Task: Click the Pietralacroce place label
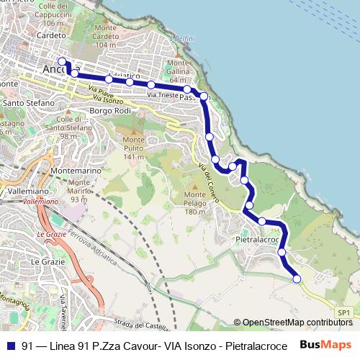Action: click(257, 238)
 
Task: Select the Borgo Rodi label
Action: click(109, 111)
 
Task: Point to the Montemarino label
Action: click(80, 171)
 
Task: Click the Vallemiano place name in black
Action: click(28, 192)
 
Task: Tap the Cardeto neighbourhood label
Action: click(51, 35)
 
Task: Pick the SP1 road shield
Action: click(344, 312)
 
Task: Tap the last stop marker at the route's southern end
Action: click(297, 279)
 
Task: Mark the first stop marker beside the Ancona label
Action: click(62, 61)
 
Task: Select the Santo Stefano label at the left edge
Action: click(28, 103)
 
